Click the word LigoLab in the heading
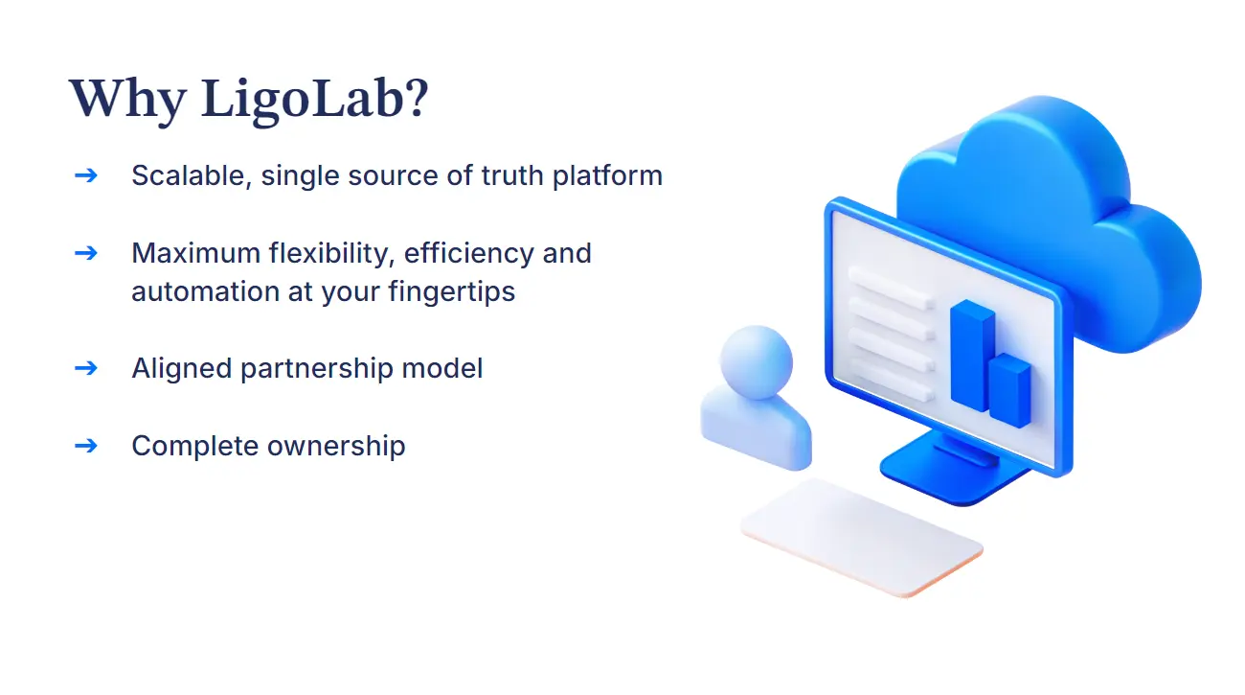[x=314, y=99]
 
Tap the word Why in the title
[x=126, y=99]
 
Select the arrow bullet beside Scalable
[x=85, y=175]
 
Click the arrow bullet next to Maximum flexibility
[x=85, y=252]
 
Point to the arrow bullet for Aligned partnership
[x=85, y=367]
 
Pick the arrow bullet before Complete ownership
[x=85, y=445]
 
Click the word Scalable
[x=188, y=175]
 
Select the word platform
[x=607, y=176]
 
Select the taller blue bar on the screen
[x=971, y=354]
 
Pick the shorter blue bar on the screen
[x=1009, y=390]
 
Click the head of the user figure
[x=756, y=361]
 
